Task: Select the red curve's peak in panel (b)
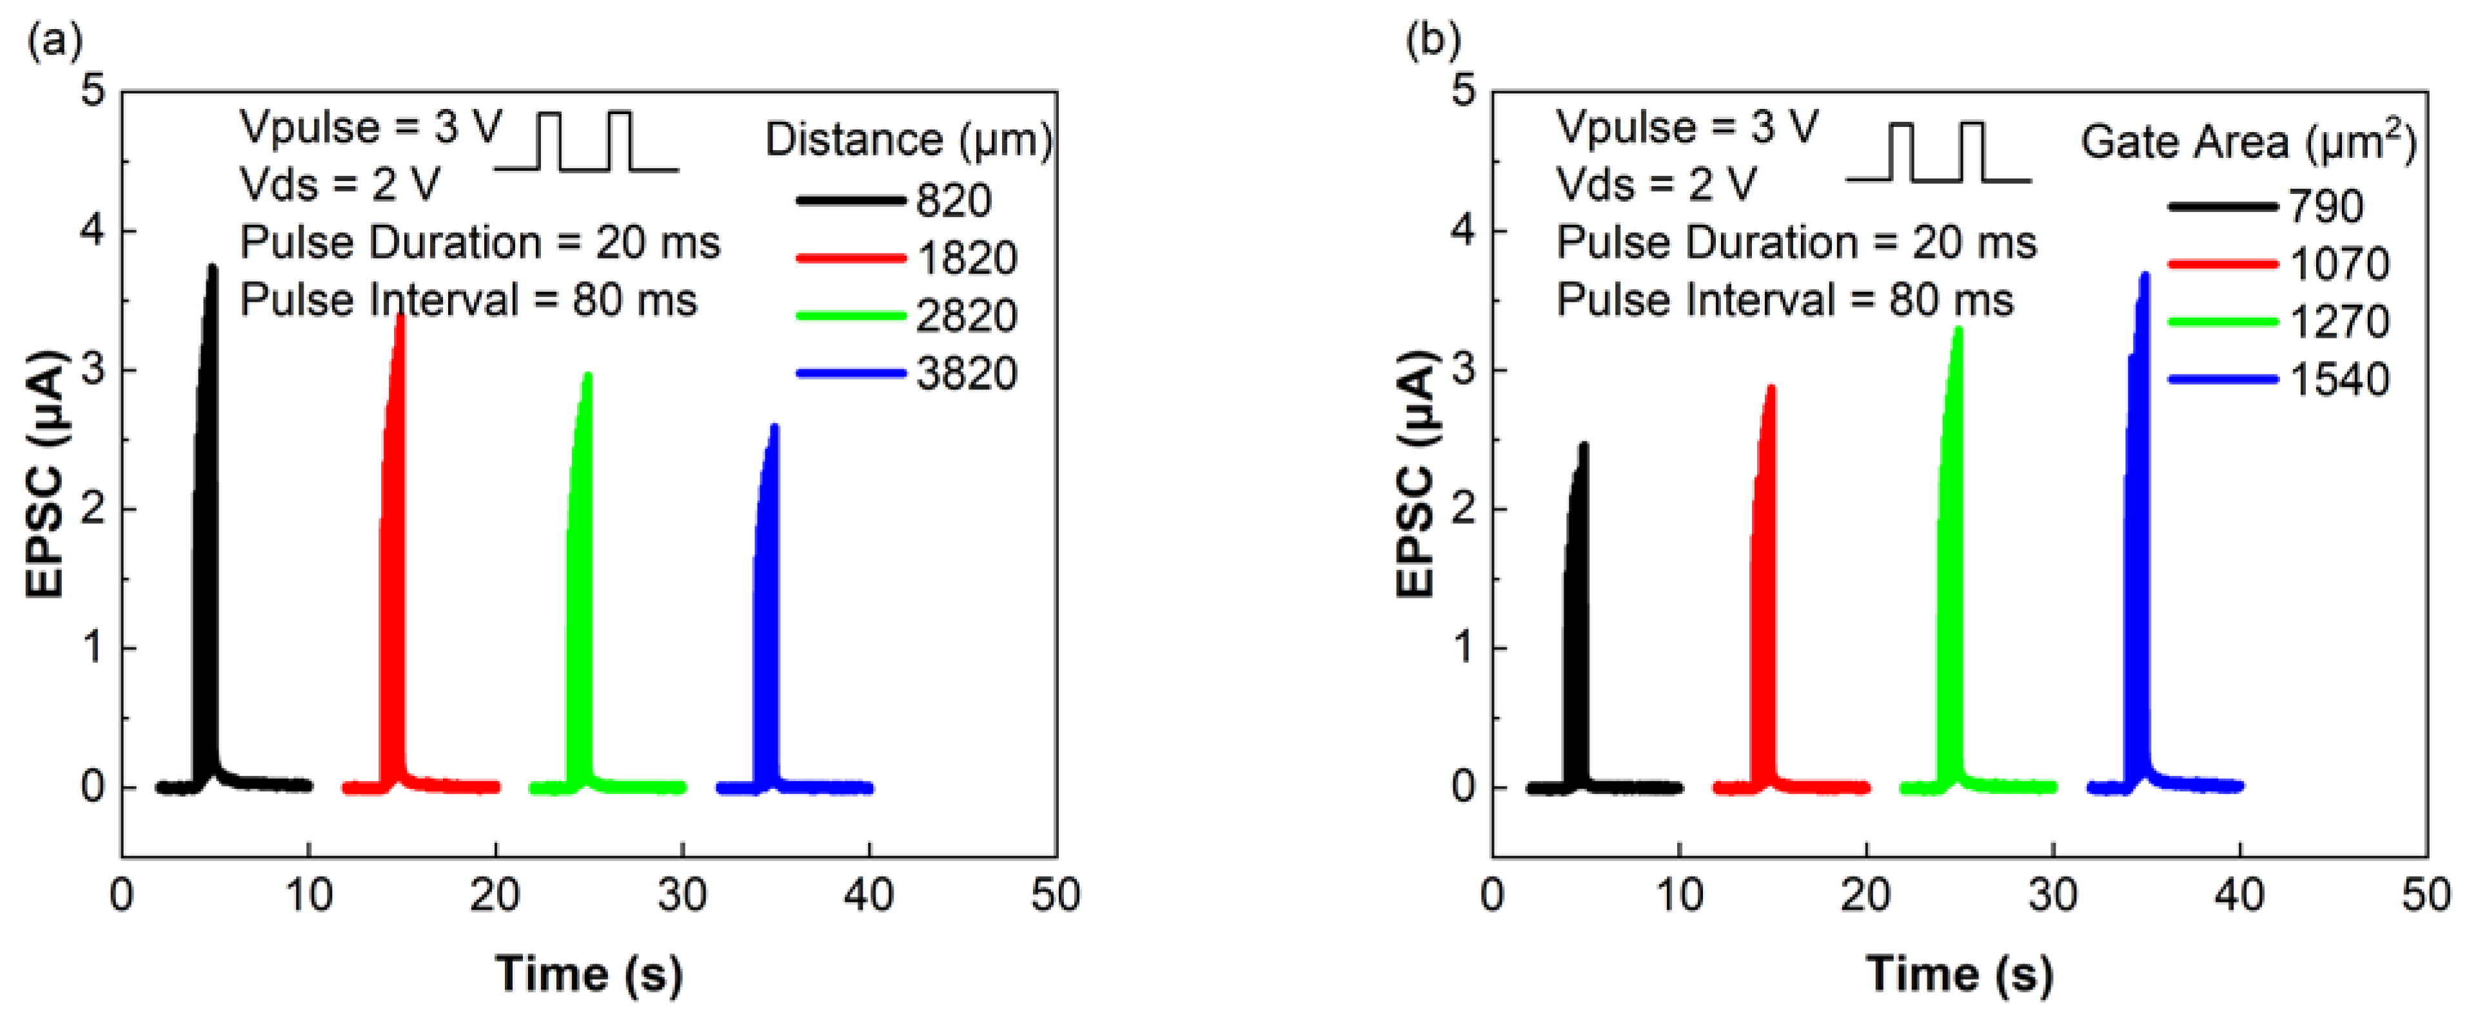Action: point(1771,389)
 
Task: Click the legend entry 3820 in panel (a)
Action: point(965,374)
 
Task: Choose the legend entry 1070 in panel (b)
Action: point(2339,264)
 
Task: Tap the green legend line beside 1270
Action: point(2222,322)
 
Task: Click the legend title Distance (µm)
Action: point(908,141)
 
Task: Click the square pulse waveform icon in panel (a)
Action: point(586,144)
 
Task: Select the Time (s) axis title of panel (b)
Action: point(1958,974)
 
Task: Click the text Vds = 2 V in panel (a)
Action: point(340,184)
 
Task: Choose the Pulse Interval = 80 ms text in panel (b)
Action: point(1784,300)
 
